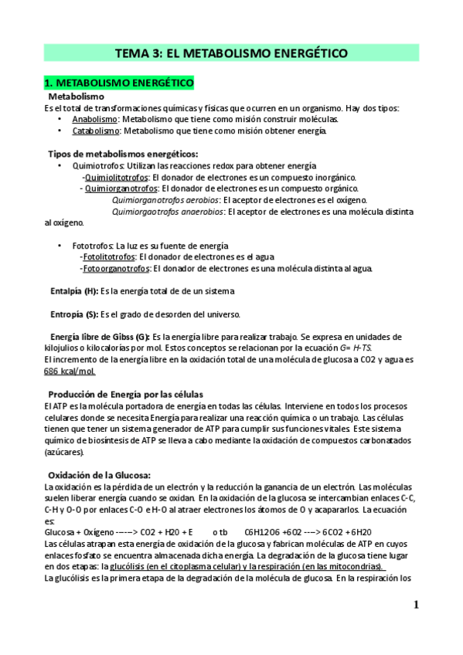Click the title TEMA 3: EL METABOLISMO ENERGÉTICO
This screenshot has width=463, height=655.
(x=231, y=53)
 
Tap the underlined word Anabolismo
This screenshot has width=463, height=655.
(x=95, y=120)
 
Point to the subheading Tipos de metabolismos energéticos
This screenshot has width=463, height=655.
(x=123, y=154)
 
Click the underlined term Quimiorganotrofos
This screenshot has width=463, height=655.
(x=120, y=188)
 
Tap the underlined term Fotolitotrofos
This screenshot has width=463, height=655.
(x=107, y=257)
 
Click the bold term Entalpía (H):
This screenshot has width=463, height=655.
(x=74, y=291)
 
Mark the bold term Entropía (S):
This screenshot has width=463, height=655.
(x=74, y=314)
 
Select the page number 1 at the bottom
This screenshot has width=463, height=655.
(x=415, y=606)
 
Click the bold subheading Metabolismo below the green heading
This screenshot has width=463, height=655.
(x=76, y=97)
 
